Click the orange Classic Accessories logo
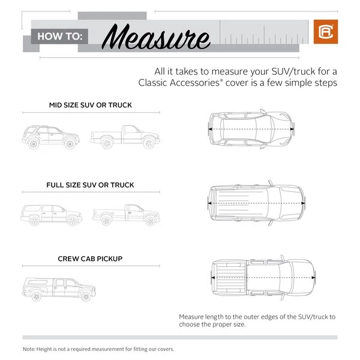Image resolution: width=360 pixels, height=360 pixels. (326, 32)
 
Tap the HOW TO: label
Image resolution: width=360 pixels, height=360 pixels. (59, 36)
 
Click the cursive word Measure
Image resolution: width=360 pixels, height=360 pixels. (155, 37)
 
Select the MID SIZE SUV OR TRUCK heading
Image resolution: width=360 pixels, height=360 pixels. (91, 105)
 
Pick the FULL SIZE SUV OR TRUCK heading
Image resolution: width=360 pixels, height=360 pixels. (90, 185)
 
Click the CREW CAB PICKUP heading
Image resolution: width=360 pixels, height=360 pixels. (90, 259)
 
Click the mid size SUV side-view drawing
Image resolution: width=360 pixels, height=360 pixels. (51, 137)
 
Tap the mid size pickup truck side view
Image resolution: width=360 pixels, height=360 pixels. (125, 137)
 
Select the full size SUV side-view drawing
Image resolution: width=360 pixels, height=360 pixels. (51, 215)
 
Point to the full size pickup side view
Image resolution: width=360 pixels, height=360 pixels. (126, 215)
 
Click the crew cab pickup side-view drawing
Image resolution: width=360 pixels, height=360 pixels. (59, 289)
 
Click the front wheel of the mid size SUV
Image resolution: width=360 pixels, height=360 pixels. (70, 144)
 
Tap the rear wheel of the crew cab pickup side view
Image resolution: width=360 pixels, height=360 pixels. (36, 296)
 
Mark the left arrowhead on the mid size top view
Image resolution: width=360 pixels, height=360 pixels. (210, 129)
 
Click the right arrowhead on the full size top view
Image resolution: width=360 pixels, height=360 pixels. (303, 203)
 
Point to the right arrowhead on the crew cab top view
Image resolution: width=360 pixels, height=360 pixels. (314, 278)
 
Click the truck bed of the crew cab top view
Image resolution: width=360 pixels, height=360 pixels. (230, 278)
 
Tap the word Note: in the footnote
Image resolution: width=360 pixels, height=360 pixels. (29, 349)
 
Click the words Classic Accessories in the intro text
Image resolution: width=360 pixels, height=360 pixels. (179, 83)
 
